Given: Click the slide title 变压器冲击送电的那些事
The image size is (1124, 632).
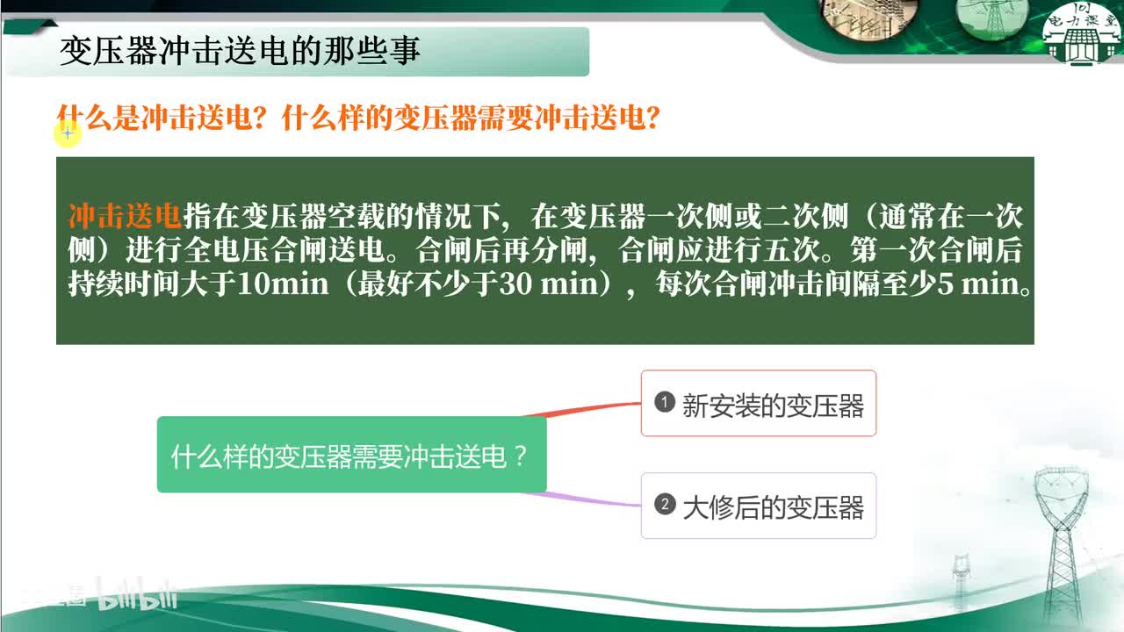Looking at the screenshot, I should point(240,51).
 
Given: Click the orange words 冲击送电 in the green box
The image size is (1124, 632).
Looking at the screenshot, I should point(125,217).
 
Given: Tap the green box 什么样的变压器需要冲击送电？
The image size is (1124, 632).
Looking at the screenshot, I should point(351,455).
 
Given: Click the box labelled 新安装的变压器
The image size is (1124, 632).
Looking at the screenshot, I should point(759,404).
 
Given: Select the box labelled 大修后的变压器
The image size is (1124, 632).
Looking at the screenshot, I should point(759,506).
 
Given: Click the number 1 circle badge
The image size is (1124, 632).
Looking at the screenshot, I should point(665,403).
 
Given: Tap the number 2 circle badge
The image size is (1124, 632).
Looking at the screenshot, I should point(665,505).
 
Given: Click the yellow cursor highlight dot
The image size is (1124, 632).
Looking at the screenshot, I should point(68,133).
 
